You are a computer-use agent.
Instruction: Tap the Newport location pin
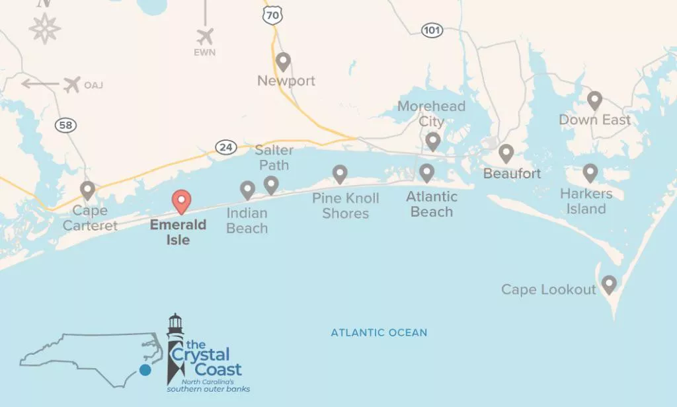coord(283,61)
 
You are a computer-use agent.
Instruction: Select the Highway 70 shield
coord(272,15)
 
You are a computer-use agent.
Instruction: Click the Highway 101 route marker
coord(432,30)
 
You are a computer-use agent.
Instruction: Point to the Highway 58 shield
coord(65,126)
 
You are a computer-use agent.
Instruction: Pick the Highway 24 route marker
coord(226,147)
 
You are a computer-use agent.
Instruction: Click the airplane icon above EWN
coord(206,36)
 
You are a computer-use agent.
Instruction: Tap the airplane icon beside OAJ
coord(72,84)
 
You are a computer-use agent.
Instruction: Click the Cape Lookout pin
coord(608,285)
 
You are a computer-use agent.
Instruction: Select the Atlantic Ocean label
coord(379,332)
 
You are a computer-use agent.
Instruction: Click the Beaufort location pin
coord(506,153)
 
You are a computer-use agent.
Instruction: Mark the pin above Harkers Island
coord(590,173)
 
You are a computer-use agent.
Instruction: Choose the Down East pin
coord(594,100)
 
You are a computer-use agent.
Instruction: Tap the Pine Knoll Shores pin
coord(340,174)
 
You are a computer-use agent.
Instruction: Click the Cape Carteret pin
coord(87,190)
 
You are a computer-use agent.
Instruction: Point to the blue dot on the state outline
coord(145,370)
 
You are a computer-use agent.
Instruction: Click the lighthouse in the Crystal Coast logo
coord(175,344)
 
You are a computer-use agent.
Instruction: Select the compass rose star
coord(45,28)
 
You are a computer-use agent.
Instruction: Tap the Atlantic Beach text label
coord(432,204)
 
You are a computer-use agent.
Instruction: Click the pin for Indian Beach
coord(247,190)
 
